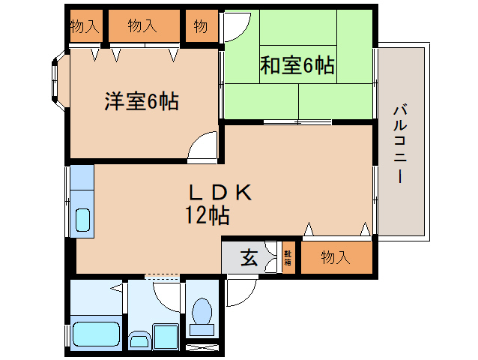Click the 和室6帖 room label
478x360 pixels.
coord(297,66)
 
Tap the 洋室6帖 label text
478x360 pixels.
coord(141,101)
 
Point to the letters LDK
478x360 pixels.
coord(219,192)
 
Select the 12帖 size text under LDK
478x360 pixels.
coord(208,216)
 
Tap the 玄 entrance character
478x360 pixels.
coord(249,259)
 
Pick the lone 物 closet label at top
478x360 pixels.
coord(200,27)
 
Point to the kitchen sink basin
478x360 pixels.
coord(83,220)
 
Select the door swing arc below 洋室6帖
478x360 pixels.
coord(202,147)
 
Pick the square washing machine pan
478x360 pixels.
coord(166,337)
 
